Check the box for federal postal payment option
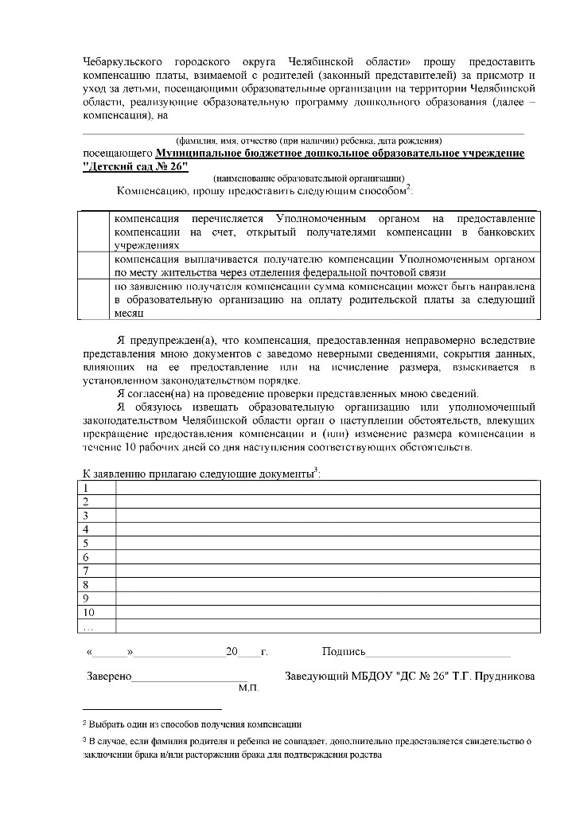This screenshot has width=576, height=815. pos(94,266)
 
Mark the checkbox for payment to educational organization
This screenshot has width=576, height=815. pos(94,299)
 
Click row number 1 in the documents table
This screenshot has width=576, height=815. pos(85,488)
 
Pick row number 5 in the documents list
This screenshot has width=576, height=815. pos(85,544)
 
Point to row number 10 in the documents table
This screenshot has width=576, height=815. pos(88,612)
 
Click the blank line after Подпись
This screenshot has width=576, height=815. pos(438,653)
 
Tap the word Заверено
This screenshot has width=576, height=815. pos(108,677)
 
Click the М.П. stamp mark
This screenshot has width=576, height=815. pos(249,688)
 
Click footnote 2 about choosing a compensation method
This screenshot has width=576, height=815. pos(192,724)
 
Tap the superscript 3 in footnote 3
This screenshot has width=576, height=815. pos(84,739)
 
